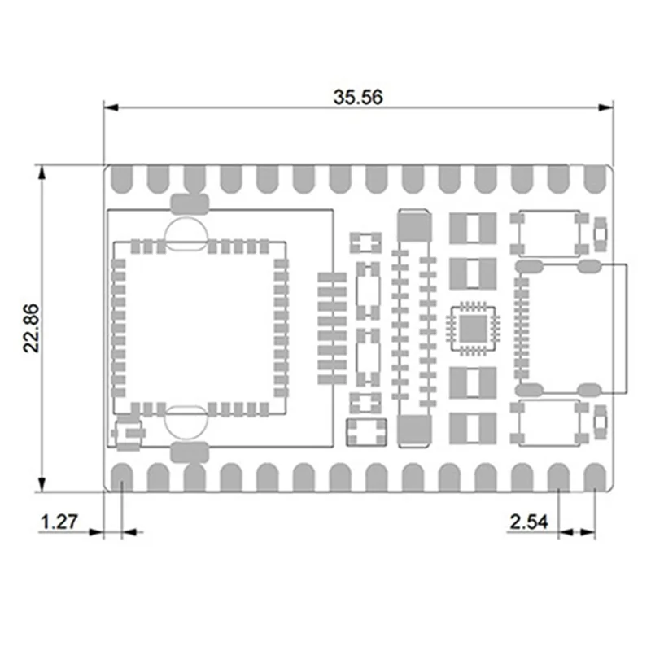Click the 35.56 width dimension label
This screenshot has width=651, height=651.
click(358, 96)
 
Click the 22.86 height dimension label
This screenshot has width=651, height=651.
click(32, 330)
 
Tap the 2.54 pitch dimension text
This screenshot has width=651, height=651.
click(528, 522)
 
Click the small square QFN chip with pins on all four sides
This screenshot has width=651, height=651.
click(473, 328)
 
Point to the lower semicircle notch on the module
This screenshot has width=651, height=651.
click(187, 422)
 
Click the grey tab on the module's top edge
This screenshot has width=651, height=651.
click(190, 203)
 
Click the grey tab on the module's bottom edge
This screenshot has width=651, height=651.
click(190, 451)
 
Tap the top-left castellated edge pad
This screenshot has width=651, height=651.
click(122, 180)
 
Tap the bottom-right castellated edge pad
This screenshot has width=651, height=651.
click(595, 477)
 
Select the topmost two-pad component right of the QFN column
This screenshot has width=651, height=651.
click(473, 228)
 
